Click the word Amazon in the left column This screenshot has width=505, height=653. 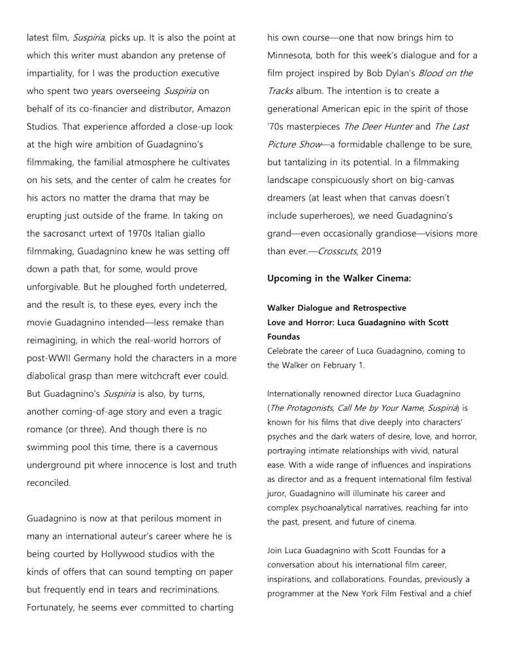coord(213,108)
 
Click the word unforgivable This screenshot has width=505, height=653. coord(57,287)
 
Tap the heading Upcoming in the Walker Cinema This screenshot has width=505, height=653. coord(339,279)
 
